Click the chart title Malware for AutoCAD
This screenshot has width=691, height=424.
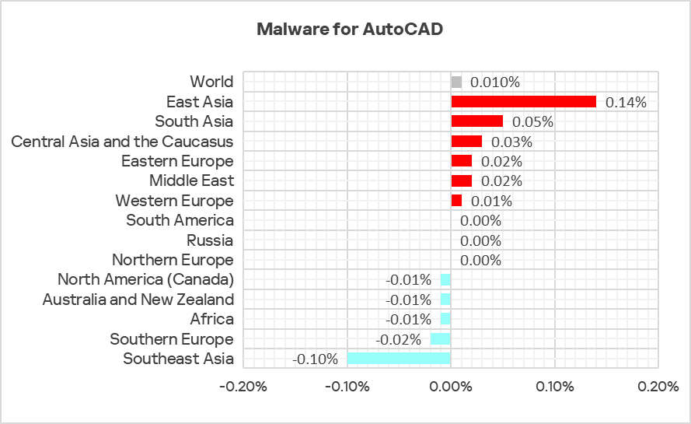pyautogui.click(x=350, y=30)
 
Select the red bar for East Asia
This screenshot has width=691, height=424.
pyautogui.click(x=523, y=102)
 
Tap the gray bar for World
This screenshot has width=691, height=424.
pyautogui.click(x=456, y=82)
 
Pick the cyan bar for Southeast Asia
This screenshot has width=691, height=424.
pyautogui.click(x=399, y=359)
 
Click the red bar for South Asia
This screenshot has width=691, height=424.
pyautogui.click(x=476, y=121)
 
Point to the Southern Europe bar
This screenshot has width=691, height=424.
pyautogui.click(x=441, y=339)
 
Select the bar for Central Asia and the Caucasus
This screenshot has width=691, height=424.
pyautogui.click(x=466, y=142)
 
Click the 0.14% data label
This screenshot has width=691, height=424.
pyautogui.click(x=626, y=102)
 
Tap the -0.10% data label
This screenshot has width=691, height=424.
pyautogui.click(x=315, y=359)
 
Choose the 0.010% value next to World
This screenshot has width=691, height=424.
pyautogui.click(x=495, y=82)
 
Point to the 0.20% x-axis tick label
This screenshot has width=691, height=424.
pyautogui.click(x=658, y=387)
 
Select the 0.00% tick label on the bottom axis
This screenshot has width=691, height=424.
pyautogui.click(x=451, y=387)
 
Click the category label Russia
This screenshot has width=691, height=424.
pyautogui.click(x=210, y=240)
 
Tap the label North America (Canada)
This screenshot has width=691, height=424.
pyautogui.click(x=145, y=280)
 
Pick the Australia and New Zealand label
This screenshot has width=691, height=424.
pyautogui.click(x=138, y=300)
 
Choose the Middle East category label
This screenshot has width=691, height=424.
pyautogui.click(x=191, y=181)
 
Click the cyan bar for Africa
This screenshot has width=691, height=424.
pyautogui.click(x=445, y=319)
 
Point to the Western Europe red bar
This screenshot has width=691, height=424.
pyautogui.click(x=456, y=201)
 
